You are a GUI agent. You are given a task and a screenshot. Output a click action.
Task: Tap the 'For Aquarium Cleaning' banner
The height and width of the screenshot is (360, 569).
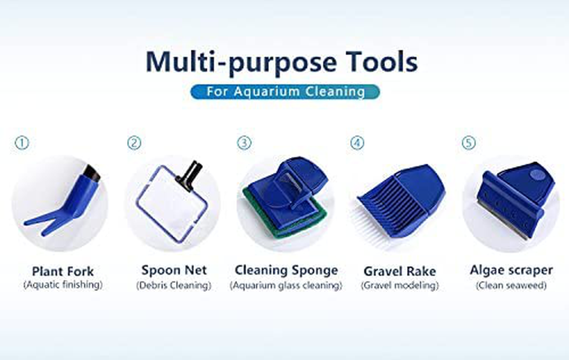click(285, 91)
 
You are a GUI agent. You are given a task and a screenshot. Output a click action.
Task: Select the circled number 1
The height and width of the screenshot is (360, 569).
click(22, 143)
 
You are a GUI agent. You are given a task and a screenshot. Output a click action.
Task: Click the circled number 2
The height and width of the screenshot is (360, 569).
click(134, 143)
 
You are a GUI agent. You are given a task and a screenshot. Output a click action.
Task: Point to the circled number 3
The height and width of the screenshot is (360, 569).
click(244, 143)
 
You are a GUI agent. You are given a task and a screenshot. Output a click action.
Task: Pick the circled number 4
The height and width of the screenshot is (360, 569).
click(357, 143)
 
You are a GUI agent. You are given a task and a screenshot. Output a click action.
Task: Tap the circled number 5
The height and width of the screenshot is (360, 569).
click(468, 143)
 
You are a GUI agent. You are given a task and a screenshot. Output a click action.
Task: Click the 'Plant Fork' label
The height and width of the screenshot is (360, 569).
click(63, 271)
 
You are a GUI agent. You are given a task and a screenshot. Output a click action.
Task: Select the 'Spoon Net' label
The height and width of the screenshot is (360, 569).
click(174, 270)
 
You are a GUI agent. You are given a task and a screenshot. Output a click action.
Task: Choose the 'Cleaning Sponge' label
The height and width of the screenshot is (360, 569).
click(286, 270)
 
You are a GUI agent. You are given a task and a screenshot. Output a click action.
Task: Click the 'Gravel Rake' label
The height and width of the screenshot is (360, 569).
click(399, 271)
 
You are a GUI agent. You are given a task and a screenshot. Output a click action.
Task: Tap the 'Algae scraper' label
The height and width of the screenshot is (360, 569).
click(511, 270)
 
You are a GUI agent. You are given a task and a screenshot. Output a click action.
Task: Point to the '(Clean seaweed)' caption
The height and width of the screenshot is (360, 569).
click(511, 285)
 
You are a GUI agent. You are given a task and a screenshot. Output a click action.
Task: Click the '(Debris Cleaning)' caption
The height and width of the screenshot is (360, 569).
click(174, 285)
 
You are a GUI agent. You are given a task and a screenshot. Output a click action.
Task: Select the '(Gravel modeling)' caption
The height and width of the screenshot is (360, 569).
click(399, 285)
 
